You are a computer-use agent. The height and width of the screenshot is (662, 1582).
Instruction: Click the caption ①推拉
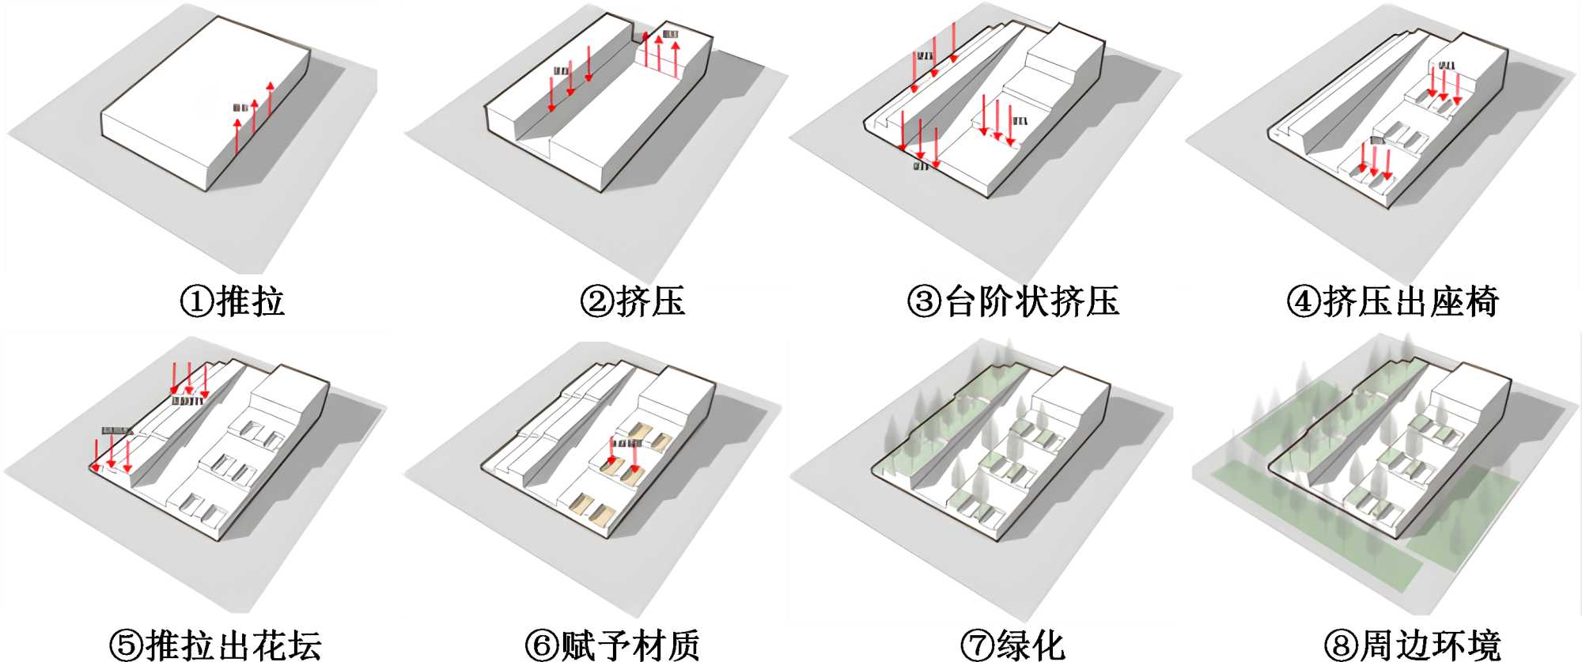[x=233, y=301]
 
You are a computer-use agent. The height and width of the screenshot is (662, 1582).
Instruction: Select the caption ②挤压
[x=632, y=301]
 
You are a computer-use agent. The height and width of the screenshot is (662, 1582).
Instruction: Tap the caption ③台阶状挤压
[x=1012, y=301]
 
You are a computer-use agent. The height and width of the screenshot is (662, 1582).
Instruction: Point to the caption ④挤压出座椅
[x=1393, y=301]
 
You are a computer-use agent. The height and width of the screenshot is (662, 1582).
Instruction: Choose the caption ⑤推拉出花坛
[x=215, y=645]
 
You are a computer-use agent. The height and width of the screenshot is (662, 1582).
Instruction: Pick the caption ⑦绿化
[x=1012, y=645]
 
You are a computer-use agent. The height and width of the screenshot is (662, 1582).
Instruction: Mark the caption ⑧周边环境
[x=1413, y=645]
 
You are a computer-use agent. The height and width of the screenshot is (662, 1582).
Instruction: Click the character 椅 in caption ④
[x=1481, y=301]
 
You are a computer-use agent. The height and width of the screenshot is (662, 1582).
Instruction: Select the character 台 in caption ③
[x=962, y=301]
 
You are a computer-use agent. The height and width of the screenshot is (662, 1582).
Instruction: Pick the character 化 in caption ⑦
[x=1048, y=645]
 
